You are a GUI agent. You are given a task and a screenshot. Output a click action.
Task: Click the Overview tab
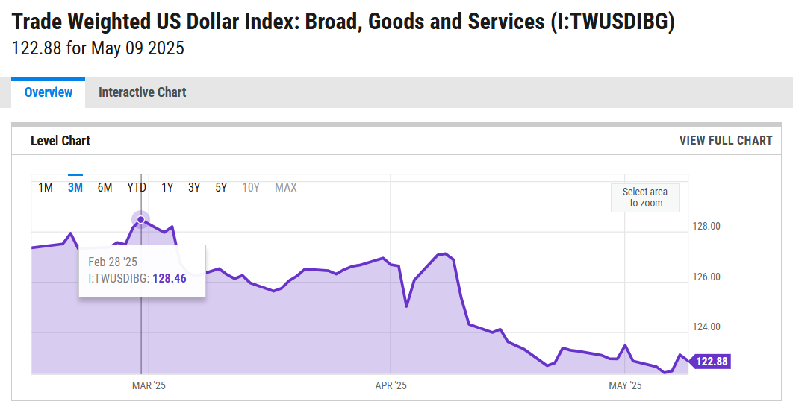coord(49,92)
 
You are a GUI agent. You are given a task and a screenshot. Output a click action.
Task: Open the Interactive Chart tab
coord(142,92)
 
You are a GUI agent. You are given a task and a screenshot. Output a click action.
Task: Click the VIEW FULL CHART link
coord(725,140)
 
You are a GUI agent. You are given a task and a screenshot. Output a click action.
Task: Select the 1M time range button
coord(46,187)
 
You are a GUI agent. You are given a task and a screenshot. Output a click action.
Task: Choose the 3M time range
coord(75,187)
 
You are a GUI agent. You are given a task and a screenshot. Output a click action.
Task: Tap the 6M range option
coord(105,187)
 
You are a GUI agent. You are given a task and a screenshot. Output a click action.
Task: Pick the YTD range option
coord(137,187)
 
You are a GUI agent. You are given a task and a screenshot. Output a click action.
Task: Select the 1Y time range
coord(167,187)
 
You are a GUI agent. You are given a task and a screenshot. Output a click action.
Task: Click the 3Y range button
coord(194,187)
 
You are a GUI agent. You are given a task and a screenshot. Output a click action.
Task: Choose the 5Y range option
coord(221,187)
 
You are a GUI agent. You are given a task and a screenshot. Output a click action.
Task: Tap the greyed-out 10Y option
coord(251,187)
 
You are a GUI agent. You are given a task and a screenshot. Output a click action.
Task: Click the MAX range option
coord(285,187)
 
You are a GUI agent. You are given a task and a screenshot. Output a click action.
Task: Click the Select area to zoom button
coord(645,198)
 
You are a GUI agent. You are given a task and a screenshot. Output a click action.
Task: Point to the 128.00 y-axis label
coord(707,227)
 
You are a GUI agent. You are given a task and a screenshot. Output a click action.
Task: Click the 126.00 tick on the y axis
coord(707,277)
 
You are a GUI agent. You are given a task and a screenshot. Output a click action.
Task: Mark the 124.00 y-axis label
coord(707,327)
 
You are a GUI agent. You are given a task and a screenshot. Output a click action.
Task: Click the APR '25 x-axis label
coord(390,385)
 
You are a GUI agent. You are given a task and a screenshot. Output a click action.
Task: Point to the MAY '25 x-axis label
coord(625,385)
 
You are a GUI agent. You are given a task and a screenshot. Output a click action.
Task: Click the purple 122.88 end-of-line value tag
coord(712,362)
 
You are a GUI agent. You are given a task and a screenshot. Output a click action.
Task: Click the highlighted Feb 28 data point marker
coord(140,219)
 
